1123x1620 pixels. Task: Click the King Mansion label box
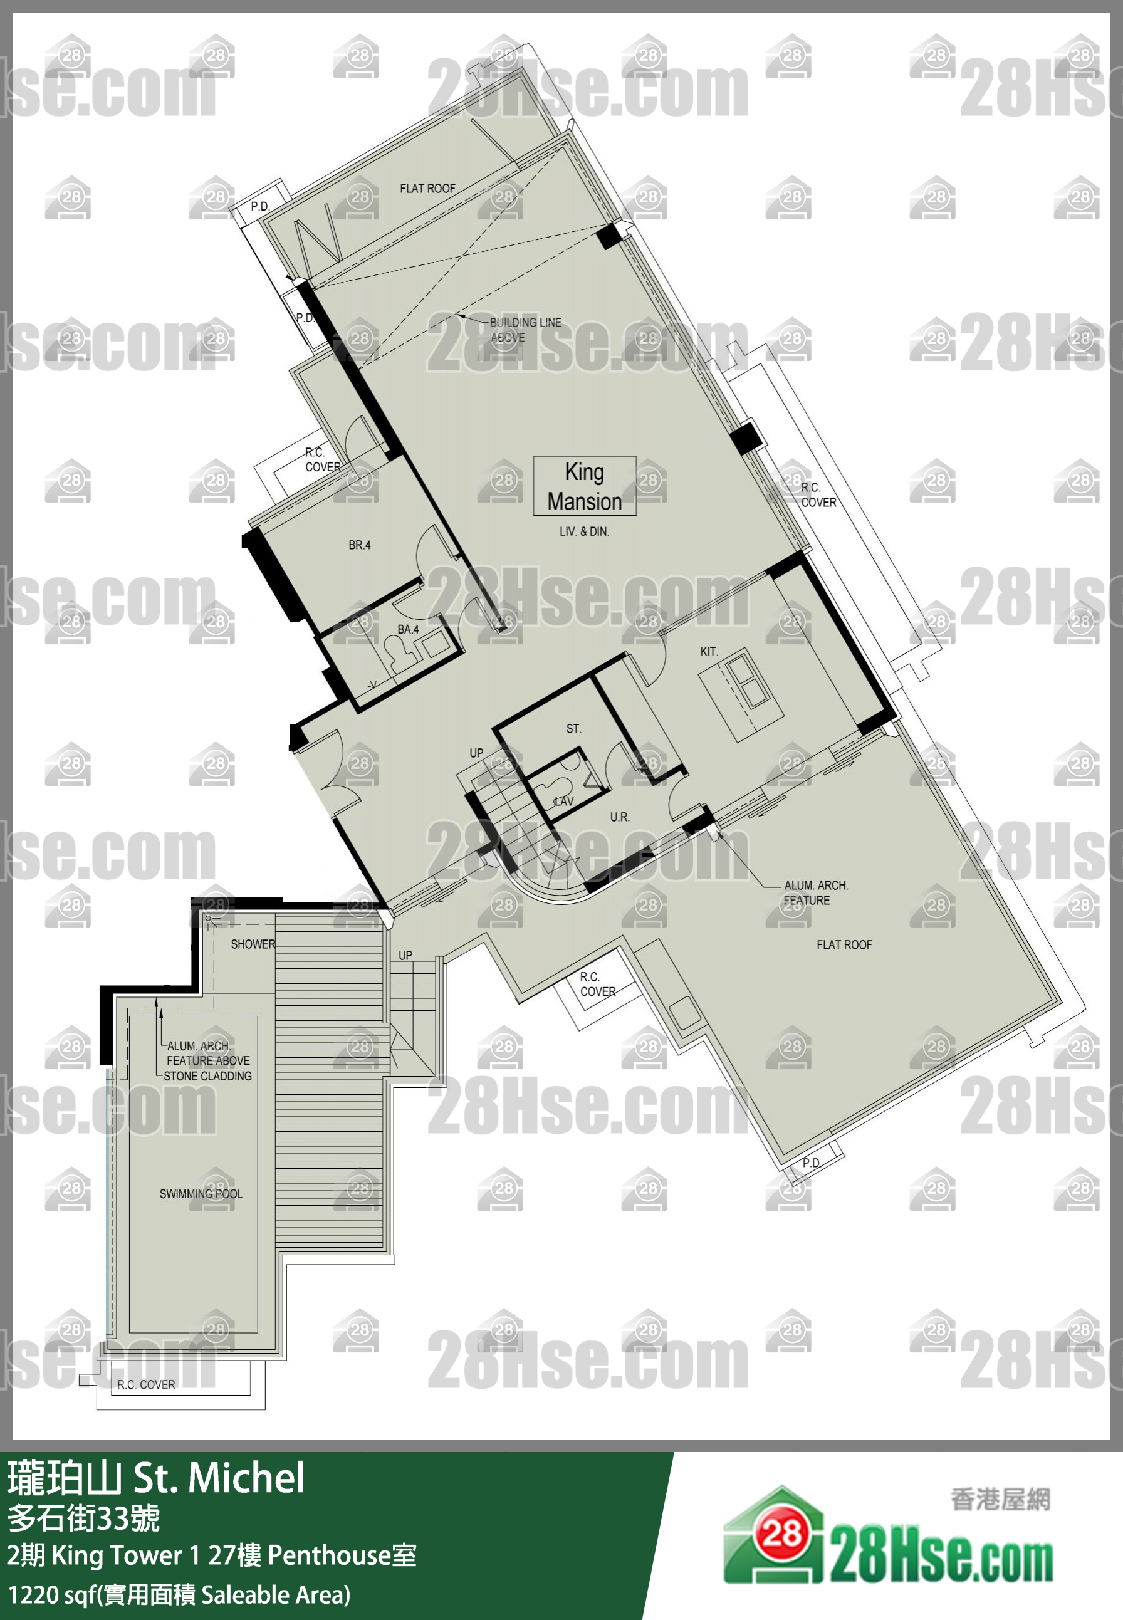pyautogui.click(x=584, y=486)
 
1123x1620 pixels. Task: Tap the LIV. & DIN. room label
pyautogui.click(x=584, y=531)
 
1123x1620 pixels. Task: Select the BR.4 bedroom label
pyautogui.click(x=359, y=545)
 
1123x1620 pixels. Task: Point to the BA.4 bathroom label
pyautogui.click(x=407, y=629)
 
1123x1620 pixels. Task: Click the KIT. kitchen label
pyautogui.click(x=709, y=652)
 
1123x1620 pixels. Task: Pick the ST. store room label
pyautogui.click(x=573, y=728)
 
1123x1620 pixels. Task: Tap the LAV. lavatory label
pyautogui.click(x=564, y=801)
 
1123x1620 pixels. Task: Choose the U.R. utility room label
pyautogui.click(x=619, y=817)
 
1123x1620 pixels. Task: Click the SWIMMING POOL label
pyautogui.click(x=201, y=1194)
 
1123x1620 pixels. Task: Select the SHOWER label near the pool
pyautogui.click(x=253, y=944)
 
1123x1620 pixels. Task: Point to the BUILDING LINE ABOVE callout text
pyautogui.click(x=525, y=330)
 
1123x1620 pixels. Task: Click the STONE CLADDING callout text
pyautogui.click(x=207, y=1076)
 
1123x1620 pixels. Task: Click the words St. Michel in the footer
pyautogui.click(x=219, y=1478)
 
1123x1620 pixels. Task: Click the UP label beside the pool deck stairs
pyautogui.click(x=405, y=955)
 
